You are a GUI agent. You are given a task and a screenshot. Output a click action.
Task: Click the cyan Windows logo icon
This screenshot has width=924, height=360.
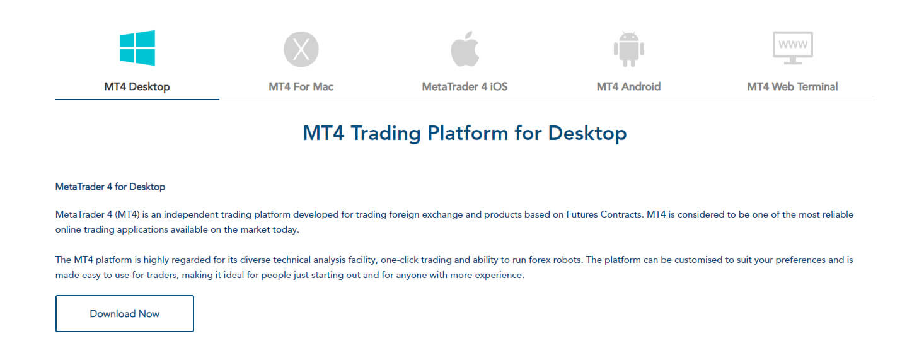tap(137, 48)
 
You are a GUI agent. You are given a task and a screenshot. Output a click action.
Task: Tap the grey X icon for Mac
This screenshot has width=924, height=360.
tap(301, 49)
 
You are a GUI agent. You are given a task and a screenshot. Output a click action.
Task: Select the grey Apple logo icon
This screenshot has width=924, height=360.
tap(465, 49)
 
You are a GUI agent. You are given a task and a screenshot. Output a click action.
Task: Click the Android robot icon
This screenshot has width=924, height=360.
tap(628, 49)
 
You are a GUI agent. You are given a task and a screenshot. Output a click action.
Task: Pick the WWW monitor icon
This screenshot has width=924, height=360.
tap(792, 48)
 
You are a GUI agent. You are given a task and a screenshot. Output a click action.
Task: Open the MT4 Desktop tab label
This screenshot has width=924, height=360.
tap(137, 87)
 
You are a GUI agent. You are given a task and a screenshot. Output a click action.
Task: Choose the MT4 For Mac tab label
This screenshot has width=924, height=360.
tap(301, 87)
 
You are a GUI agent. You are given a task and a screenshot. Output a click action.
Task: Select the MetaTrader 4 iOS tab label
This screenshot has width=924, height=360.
tap(465, 87)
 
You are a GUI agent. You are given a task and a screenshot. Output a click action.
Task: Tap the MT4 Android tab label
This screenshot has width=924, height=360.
tap(628, 87)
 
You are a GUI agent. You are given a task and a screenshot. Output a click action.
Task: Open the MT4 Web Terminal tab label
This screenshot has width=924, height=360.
tap(792, 87)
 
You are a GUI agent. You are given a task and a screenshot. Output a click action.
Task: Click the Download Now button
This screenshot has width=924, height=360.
tap(125, 313)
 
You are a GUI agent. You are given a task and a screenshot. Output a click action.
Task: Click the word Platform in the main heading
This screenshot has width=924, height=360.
tap(468, 134)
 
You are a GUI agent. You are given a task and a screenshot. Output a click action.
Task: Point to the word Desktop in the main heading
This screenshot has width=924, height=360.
tap(587, 134)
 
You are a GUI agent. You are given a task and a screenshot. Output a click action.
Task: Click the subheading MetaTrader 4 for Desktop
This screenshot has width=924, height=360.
tap(110, 187)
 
